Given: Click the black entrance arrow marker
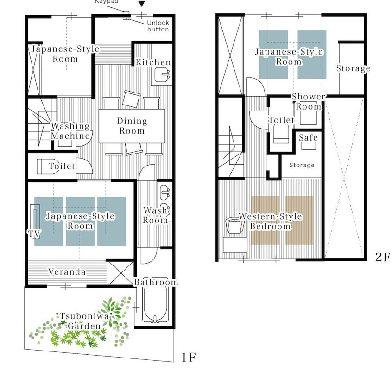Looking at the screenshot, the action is pyautogui.click(x=142, y=4).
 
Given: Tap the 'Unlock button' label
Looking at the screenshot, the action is pyautogui.click(x=158, y=26).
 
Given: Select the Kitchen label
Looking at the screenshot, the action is pyautogui.click(x=153, y=62).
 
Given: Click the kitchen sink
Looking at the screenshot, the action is pyautogui.click(x=162, y=74).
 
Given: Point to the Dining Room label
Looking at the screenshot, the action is pyautogui.click(x=132, y=126).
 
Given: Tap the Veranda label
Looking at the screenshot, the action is pyautogui.click(x=67, y=271).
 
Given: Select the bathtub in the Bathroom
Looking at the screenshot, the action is pyautogui.click(x=155, y=304).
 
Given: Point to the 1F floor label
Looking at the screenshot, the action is pyautogui.click(x=189, y=357).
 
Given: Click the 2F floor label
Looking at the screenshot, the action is pyautogui.click(x=382, y=257).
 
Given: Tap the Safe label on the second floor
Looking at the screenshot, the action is pyautogui.click(x=308, y=137).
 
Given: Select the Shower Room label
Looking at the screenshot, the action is pyautogui.click(x=309, y=102).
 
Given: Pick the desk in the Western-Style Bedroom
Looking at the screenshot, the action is pyautogui.click(x=235, y=245).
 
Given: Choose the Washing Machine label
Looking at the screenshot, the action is pyautogui.click(x=70, y=131).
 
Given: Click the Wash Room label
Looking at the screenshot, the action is pyautogui.click(x=155, y=216).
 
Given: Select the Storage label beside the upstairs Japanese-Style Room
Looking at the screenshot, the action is pyautogui.click(x=353, y=68).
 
